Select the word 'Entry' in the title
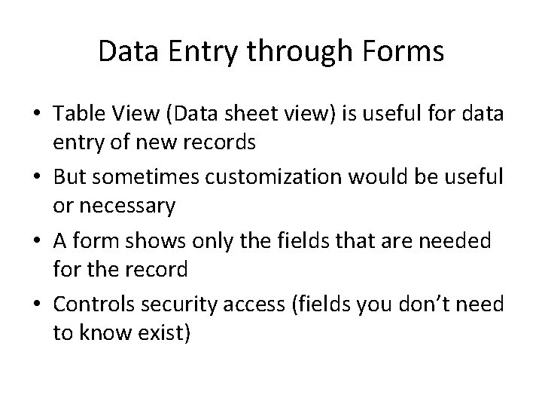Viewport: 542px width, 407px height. tap(201, 54)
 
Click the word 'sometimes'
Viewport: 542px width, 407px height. tap(144, 176)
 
